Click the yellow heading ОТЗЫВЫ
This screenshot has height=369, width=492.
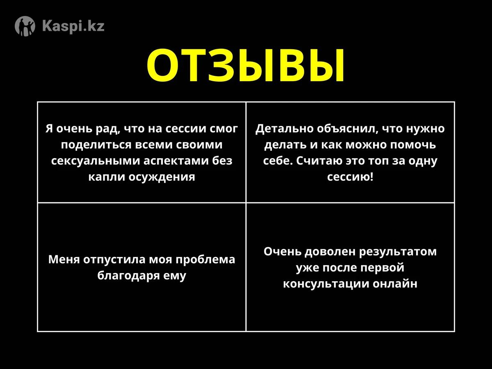[x=246, y=65]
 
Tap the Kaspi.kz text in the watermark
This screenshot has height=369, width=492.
[x=73, y=26]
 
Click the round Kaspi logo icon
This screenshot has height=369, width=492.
[x=25, y=26]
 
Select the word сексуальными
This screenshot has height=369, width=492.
[x=96, y=161]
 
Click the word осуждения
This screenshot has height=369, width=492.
[x=162, y=177]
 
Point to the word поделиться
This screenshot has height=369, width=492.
[x=96, y=145]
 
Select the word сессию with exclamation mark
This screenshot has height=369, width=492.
[x=350, y=177]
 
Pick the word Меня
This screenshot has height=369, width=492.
[x=64, y=260]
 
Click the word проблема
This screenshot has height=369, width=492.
[x=205, y=260]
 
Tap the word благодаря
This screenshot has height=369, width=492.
[x=129, y=276]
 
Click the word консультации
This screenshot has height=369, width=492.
[x=326, y=284]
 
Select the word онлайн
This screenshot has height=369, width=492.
[x=395, y=284]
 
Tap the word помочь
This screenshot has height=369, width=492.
[x=413, y=145]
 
